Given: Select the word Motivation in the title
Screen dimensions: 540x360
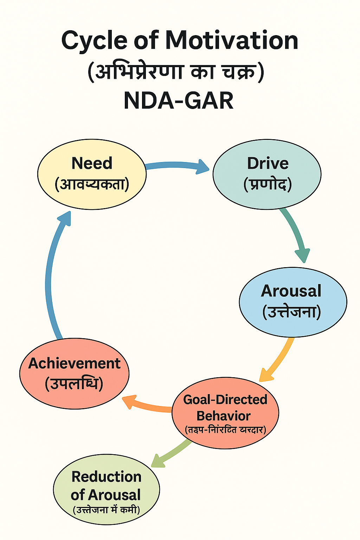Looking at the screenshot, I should (x=232, y=40).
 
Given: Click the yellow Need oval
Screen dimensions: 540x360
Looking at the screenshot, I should (x=92, y=174).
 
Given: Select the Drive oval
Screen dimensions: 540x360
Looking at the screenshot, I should (x=267, y=174).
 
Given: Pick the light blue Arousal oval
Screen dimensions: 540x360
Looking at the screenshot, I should (x=292, y=302).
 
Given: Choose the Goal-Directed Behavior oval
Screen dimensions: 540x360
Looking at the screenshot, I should (x=225, y=413).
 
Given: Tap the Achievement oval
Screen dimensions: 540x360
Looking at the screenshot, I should (x=74, y=374).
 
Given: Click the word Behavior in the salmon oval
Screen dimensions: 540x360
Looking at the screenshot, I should (x=223, y=416).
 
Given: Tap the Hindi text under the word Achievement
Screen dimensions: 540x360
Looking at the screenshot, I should (x=74, y=384).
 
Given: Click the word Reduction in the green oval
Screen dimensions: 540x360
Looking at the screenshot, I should (x=106, y=477).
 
